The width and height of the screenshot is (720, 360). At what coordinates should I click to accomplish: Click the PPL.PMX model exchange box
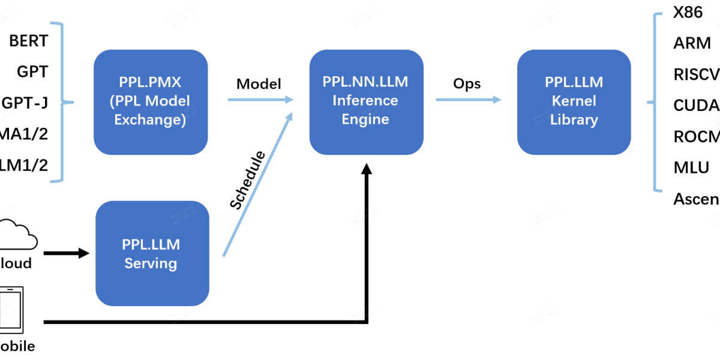(x=151, y=101)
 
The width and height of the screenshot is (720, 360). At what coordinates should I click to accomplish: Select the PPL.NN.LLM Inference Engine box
(x=365, y=101)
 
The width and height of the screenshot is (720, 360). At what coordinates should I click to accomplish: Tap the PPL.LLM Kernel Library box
(x=574, y=101)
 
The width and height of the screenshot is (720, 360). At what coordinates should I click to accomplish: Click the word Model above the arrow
(x=259, y=83)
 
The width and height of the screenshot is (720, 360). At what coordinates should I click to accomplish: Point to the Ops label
(x=467, y=83)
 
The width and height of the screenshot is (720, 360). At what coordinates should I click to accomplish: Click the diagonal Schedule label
(x=248, y=181)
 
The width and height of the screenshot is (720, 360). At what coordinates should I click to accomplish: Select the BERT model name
(x=28, y=41)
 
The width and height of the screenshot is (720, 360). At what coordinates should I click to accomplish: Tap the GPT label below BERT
(x=32, y=73)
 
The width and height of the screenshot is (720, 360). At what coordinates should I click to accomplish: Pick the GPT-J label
(x=25, y=103)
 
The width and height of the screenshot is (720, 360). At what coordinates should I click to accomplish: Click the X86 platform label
(x=688, y=13)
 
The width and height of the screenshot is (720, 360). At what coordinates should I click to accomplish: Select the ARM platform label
(x=692, y=43)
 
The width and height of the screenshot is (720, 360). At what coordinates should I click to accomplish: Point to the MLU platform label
(x=691, y=167)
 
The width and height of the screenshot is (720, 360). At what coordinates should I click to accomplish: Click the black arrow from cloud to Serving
(x=66, y=253)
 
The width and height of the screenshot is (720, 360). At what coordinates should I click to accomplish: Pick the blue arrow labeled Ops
(x=468, y=100)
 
